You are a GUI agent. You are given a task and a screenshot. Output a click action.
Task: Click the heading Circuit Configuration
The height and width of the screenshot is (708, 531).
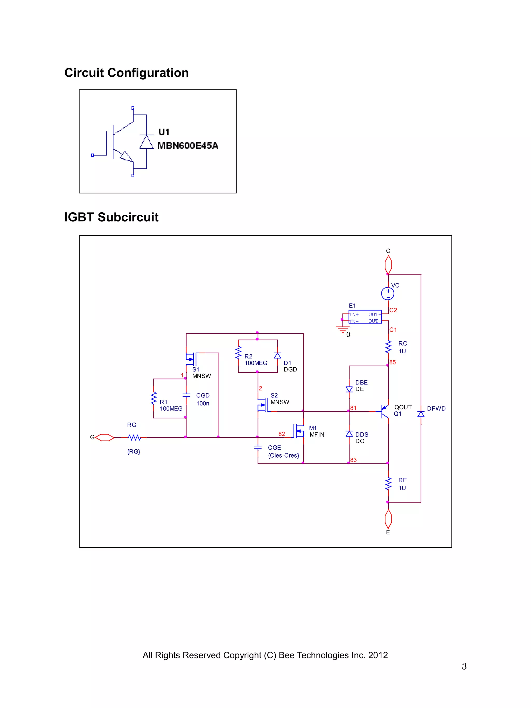[x=127, y=73]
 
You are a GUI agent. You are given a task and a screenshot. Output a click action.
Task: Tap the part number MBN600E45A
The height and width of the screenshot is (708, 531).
[x=187, y=146]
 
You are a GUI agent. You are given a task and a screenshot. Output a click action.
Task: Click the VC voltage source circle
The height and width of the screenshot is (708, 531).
[x=388, y=293]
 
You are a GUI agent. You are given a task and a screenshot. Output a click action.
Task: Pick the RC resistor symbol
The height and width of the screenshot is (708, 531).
[x=388, y=347]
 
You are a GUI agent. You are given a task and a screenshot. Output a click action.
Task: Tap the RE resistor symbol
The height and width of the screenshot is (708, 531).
[x=388, y=484]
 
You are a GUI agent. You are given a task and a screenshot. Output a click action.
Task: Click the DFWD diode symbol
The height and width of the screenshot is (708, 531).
[x=421, y=414]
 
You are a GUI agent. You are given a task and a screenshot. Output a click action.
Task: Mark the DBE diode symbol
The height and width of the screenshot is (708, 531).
[x=349, y=389]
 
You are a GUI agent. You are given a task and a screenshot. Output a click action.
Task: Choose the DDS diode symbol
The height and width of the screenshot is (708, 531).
[x=349, y=434]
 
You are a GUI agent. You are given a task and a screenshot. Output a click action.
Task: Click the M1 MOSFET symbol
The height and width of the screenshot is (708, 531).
[x=299, y=431]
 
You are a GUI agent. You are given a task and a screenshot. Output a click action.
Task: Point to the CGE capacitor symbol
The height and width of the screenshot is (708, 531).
[x=258, y=447]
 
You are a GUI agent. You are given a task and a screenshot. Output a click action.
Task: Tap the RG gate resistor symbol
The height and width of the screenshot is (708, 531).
[x=134, y=437]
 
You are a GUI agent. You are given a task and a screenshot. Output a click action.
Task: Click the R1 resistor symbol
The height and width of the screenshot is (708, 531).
[x=154, y=399]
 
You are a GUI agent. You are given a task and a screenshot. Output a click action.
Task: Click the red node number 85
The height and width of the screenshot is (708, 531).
[x=392, y=362]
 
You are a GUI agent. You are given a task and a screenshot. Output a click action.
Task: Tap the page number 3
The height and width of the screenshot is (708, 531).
[x=464, y=666]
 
